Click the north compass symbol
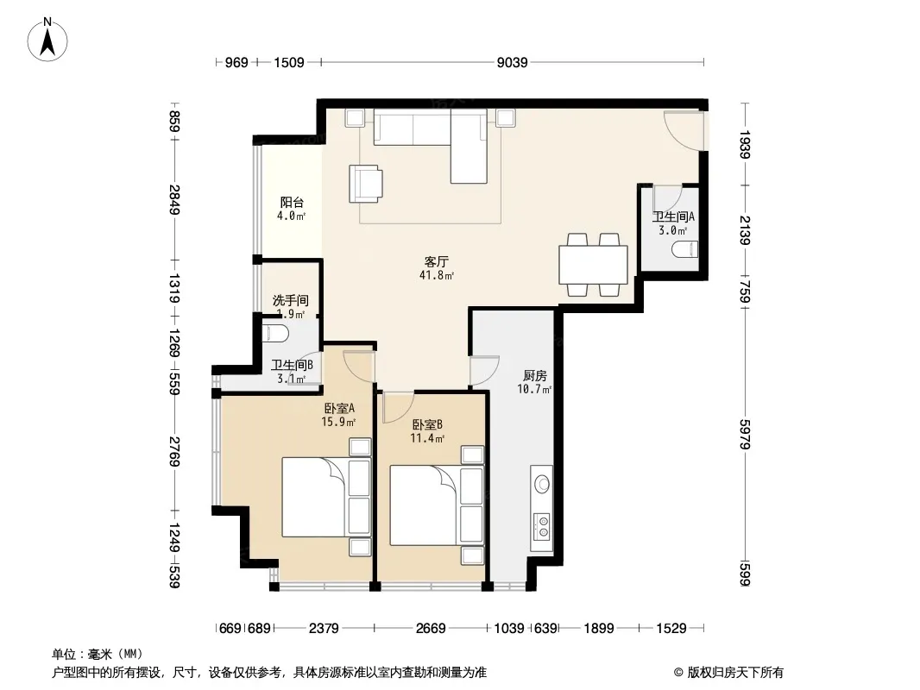47,40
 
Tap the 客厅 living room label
437,261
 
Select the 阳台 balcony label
292,203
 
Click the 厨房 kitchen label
534,375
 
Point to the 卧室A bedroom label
339,408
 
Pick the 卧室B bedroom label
427,423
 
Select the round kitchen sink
542,484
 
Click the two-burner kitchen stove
542,526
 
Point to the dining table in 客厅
593,265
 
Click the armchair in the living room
366,184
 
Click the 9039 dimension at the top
513,62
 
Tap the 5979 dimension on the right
745,435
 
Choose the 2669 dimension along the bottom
431,629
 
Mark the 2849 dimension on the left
174,199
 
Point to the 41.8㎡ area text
437,275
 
